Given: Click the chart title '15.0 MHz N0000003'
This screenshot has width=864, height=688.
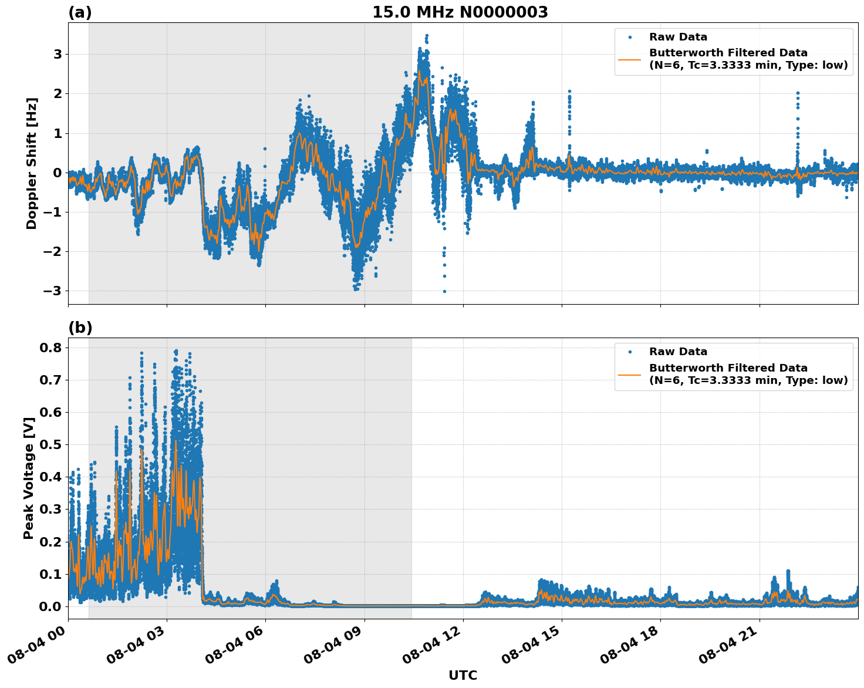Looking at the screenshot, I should (460, 12).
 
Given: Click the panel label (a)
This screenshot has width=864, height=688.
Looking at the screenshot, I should (80, 12).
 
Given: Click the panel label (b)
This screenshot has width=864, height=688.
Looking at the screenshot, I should (80, 328).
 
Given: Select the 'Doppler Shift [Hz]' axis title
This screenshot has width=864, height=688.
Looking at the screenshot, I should (32, 163).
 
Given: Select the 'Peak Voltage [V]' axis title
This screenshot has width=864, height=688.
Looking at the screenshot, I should (28, 478).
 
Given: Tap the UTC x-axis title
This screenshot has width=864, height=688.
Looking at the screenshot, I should (463, 675).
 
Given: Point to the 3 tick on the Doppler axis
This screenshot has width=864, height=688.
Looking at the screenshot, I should (58, 54).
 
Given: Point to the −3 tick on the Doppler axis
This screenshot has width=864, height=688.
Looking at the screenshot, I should (54, 291).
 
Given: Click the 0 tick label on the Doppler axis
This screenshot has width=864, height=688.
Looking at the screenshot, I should (58, 173).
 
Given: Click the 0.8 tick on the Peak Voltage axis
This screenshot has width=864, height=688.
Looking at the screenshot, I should (50, 348).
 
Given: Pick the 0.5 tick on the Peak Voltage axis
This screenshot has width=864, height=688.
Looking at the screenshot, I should (50, 444).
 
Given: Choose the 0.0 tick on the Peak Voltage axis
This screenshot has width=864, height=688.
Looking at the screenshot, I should (50, 606).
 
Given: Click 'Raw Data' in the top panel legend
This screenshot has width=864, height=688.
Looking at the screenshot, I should (678, 37).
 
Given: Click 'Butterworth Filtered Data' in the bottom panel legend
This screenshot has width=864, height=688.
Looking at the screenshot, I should (728, 368).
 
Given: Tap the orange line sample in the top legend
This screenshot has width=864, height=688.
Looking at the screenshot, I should (629, 59).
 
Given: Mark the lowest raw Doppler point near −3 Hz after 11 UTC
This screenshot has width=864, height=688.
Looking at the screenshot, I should (444, 291).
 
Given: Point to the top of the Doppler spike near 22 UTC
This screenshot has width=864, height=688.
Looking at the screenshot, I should (798, 93).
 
